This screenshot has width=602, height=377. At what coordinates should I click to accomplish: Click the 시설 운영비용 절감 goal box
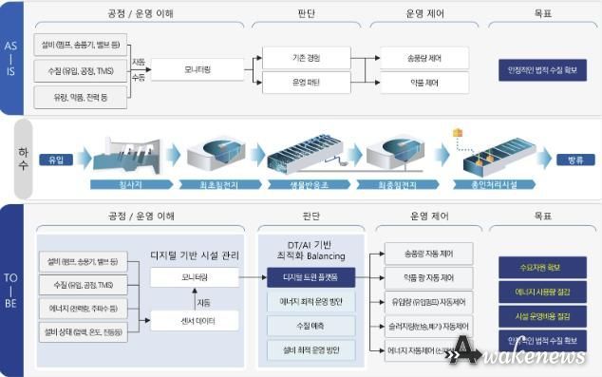click(538, 316)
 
